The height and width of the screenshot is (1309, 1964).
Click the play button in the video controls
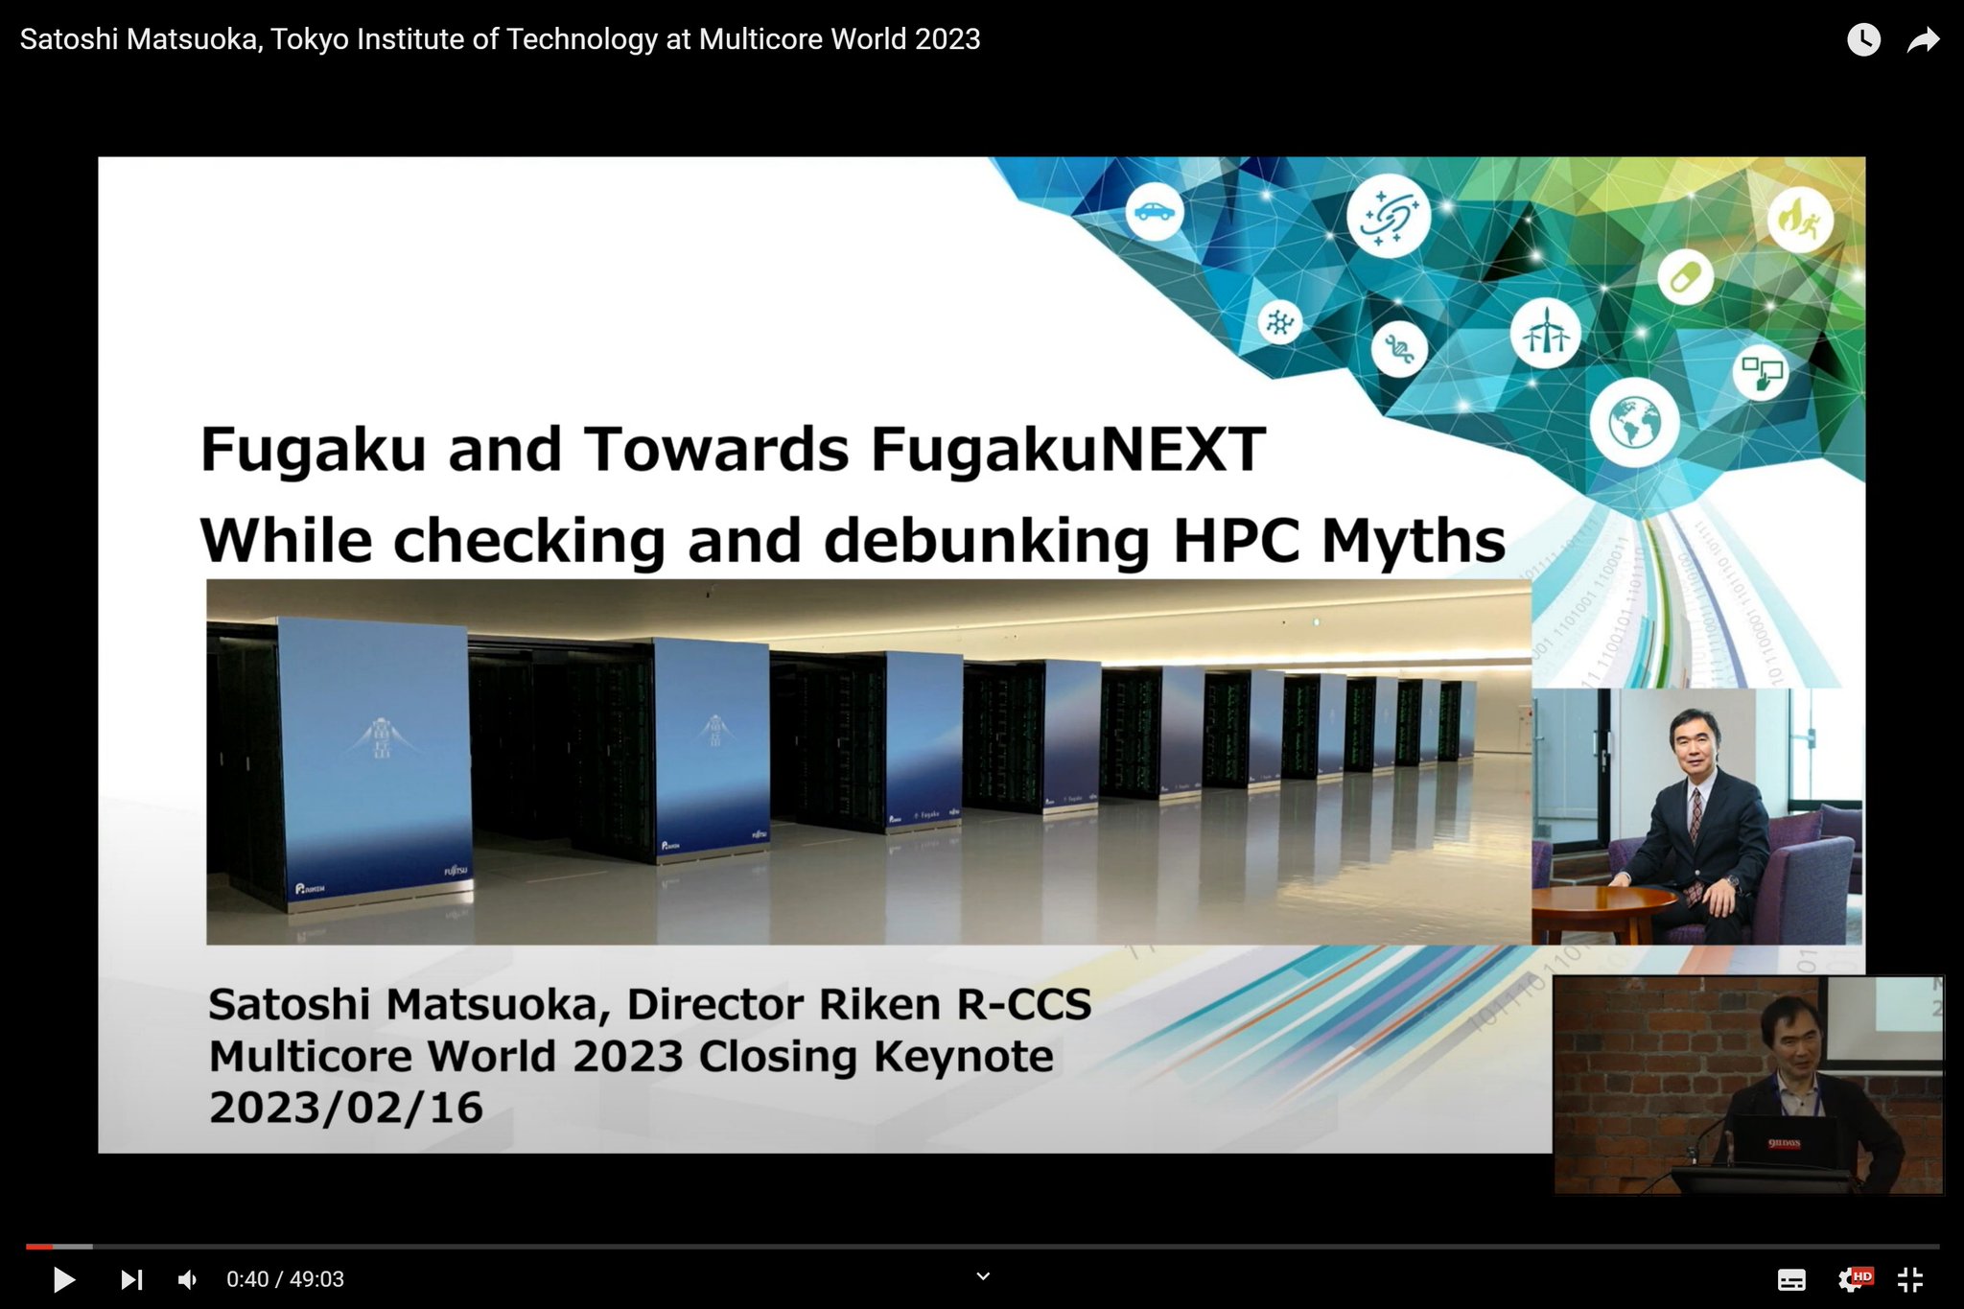point(64,1279)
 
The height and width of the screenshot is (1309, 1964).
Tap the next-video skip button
point(131,1279)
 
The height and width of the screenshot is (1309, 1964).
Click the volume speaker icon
point(188,1279)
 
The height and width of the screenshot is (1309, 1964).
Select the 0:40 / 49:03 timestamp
point(285,1279)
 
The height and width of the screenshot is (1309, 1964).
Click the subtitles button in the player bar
point(1790,1279)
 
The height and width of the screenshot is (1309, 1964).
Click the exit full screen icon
point(1910,1279)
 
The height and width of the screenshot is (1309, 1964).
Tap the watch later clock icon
point(1863,39)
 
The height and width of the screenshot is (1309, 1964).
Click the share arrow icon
point(1923,39)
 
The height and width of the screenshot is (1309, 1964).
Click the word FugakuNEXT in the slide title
point(1067,449)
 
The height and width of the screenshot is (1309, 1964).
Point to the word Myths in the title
point(1413,541)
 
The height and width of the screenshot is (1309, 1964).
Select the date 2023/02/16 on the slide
point(346,1108)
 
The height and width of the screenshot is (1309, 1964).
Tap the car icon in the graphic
point(1154,211)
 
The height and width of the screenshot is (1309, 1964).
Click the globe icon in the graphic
point(1634,422)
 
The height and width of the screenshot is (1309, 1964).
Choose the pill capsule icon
point(1685,278)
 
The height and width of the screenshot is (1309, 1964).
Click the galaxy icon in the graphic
point(1388,217)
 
